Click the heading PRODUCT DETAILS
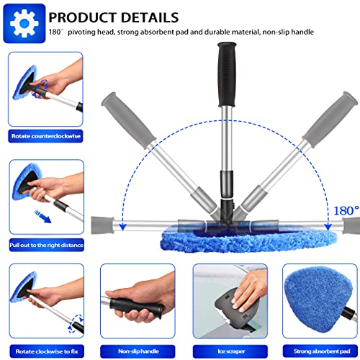click(x=124, y=16)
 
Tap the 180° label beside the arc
click(x=345, y=211)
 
